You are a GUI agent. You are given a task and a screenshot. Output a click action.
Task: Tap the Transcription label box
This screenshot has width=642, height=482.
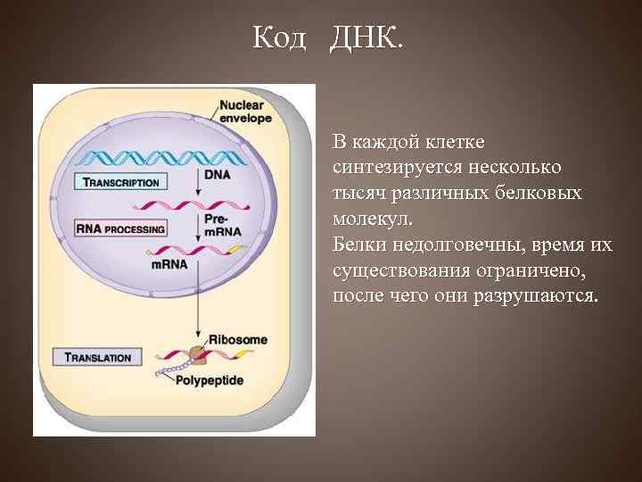pyautogui.click(x=119, y=182)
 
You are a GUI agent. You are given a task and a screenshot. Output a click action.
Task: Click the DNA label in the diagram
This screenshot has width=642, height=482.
pyautogui.click(x=217, y=175)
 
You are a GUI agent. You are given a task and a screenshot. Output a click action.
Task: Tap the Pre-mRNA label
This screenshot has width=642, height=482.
pyautogui.click(x=218, y=229)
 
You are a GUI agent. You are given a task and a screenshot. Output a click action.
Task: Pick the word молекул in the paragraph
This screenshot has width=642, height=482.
pyautogui.click(x=364, y=218)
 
